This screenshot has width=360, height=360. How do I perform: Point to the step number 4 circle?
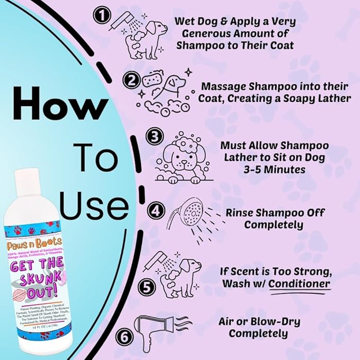point(155,211)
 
